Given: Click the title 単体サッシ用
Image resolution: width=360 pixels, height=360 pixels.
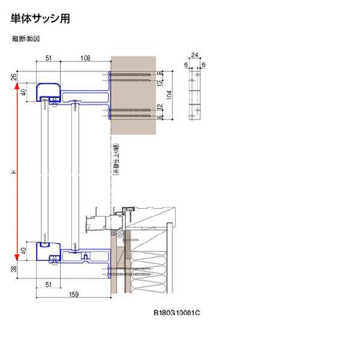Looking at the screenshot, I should [x=41, y=19].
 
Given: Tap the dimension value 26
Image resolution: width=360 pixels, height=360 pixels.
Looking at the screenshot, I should [x=13, y=77].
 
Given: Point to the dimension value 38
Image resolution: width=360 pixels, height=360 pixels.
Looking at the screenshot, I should [x=13, y=270].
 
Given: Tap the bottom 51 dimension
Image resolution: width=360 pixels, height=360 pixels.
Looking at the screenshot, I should [x=49, y=284].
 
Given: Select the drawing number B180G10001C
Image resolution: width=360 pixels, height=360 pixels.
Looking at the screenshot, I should [x=176, y=313].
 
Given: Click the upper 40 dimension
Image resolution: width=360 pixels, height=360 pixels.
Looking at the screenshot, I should [x=25, y=93].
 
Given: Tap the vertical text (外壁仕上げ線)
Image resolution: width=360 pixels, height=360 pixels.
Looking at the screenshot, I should [x=115, y=160].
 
